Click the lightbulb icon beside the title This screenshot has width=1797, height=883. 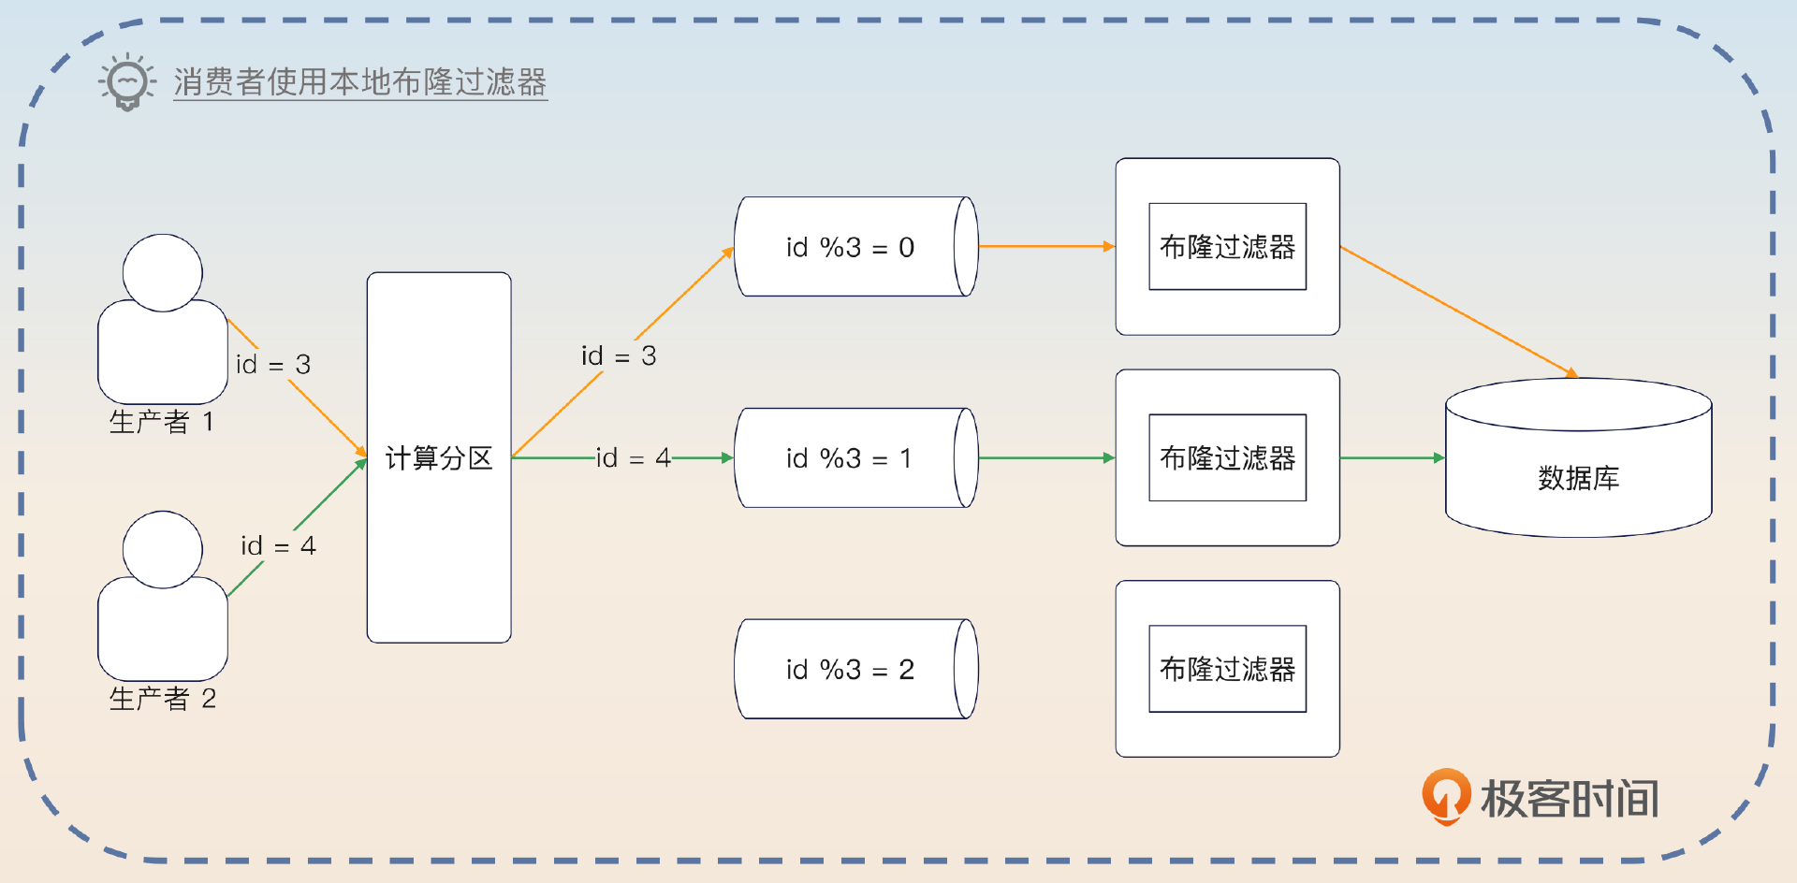coord(127,82)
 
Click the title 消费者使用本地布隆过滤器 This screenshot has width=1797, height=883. coord(359,82)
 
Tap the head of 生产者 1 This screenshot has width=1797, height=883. coord(163,272)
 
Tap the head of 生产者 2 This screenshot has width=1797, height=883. coord(163,549)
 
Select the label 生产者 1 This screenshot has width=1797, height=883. coord(162,422)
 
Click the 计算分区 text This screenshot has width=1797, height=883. coord(439,458)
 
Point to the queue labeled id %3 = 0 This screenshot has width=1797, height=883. coord(850,247)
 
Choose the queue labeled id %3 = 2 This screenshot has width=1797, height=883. coord(850,670)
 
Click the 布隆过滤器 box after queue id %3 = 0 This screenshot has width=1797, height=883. coord(1227,247)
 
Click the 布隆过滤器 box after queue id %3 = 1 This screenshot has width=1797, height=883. coord(1227,458)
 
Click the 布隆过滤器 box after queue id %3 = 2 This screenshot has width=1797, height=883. coord(1227,670)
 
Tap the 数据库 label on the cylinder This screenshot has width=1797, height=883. coord(1578,478)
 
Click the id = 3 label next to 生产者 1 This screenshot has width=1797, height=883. coord(273,365)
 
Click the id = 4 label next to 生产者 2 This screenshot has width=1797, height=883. coord(279,546)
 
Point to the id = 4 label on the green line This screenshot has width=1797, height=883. coord(634,458)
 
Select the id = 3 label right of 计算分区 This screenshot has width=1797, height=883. coord(619,356)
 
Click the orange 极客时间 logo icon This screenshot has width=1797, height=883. coord(1446,796)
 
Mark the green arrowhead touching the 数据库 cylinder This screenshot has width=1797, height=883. coord(1439,458)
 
